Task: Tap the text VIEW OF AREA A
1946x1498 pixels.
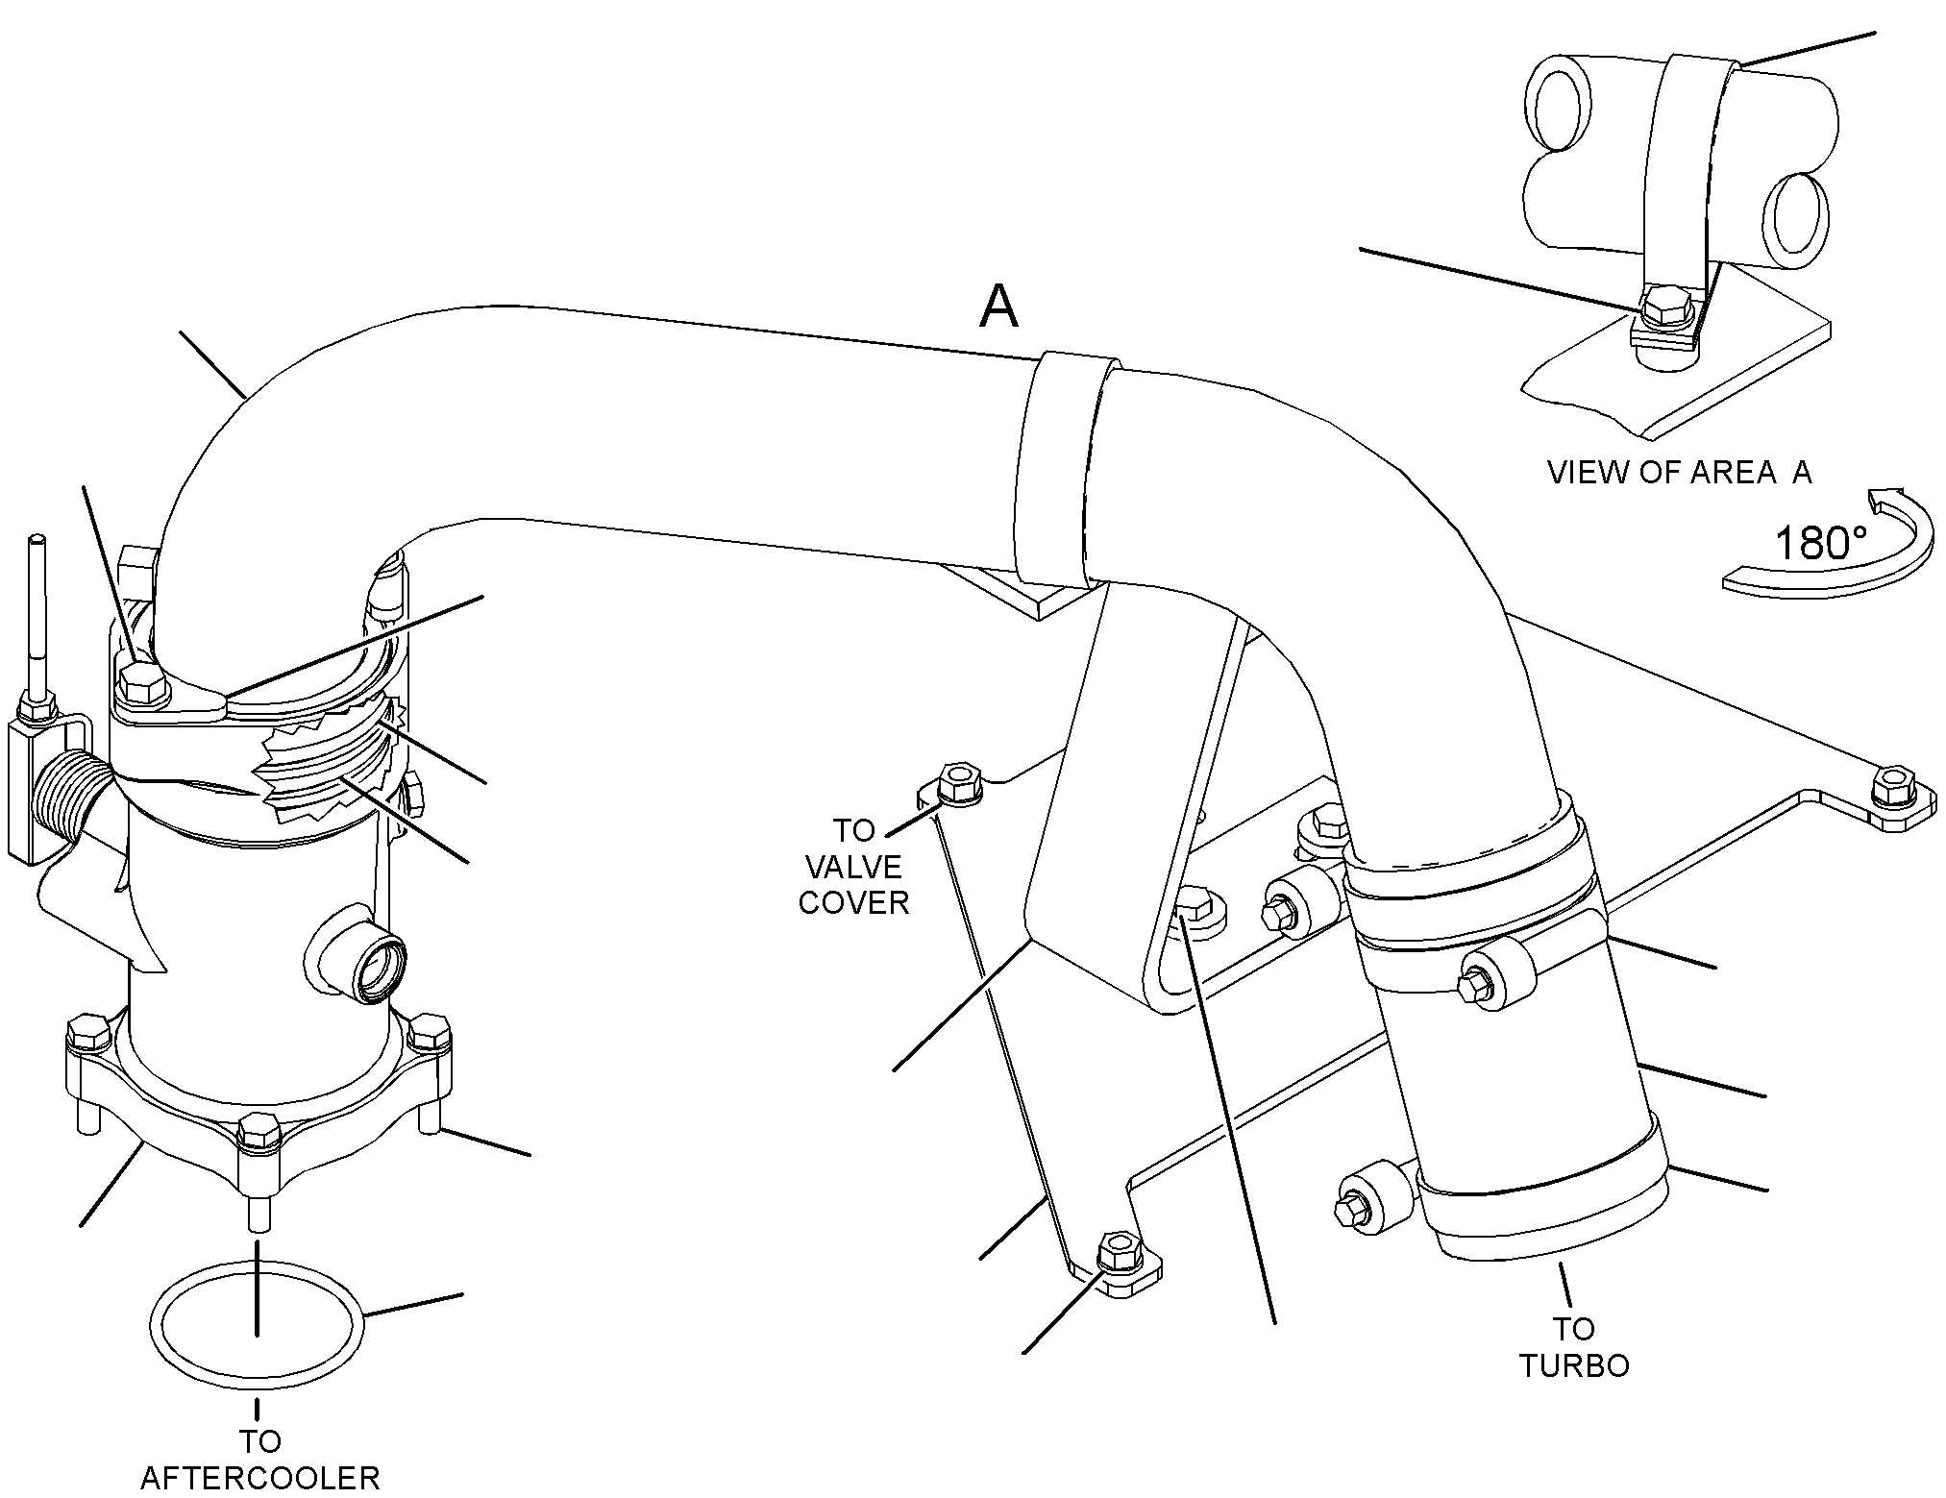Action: (1679, 472)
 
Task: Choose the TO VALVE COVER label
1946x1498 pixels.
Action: (853, 867)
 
